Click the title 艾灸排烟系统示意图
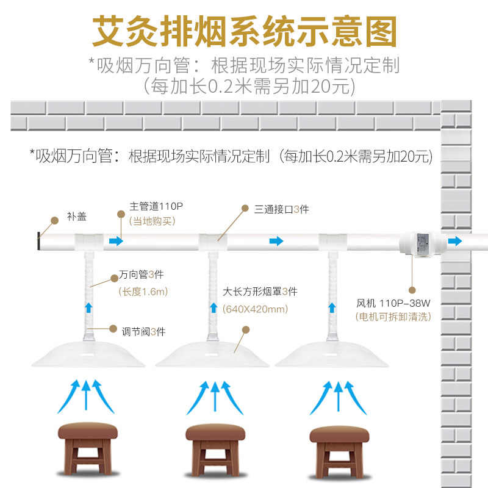(x=244, y=30)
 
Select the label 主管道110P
(x=156, y=207)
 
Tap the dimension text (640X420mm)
(x=256, y=309)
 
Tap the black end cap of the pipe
(x=40, y=242)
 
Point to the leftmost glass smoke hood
(x=88, y=354)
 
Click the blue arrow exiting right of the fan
(x=455, y=241)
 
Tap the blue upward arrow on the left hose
(x=89, y=306)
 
